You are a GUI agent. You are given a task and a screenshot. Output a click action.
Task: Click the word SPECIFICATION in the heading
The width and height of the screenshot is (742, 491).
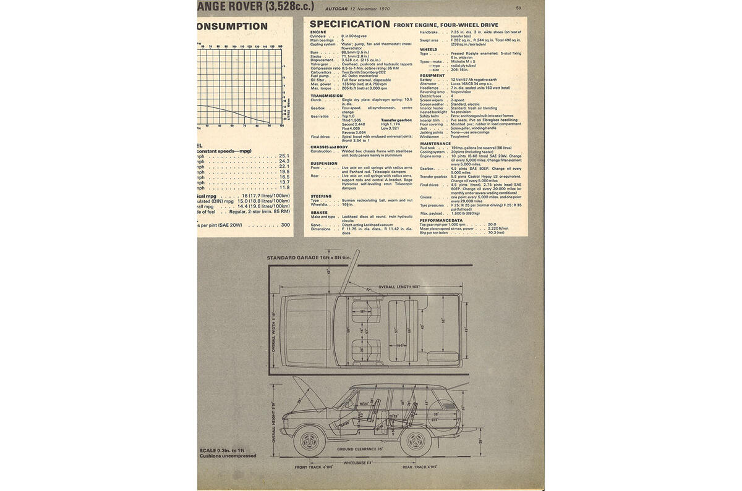point(349,24)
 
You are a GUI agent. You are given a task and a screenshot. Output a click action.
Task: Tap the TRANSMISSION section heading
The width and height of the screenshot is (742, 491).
point(326,96)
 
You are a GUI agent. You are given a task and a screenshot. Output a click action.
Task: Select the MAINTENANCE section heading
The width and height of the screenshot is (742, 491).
point(436,143)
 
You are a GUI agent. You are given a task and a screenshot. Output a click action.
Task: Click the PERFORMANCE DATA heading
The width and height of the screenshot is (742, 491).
point(441,220)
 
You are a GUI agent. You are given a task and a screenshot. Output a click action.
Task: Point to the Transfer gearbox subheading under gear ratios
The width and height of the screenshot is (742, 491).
point(396,120)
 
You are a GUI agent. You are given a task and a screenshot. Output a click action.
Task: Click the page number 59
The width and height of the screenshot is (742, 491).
point(518,7)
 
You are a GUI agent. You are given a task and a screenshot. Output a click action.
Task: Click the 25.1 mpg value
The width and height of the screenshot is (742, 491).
point(284,156)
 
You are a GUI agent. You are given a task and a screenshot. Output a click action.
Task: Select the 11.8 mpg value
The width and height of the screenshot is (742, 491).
point(284,187)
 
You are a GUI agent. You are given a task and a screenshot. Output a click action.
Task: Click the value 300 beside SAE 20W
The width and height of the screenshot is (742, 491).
point(285,225)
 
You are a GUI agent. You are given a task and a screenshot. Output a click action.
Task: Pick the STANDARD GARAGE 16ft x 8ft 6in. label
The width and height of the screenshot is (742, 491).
point(309,258)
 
